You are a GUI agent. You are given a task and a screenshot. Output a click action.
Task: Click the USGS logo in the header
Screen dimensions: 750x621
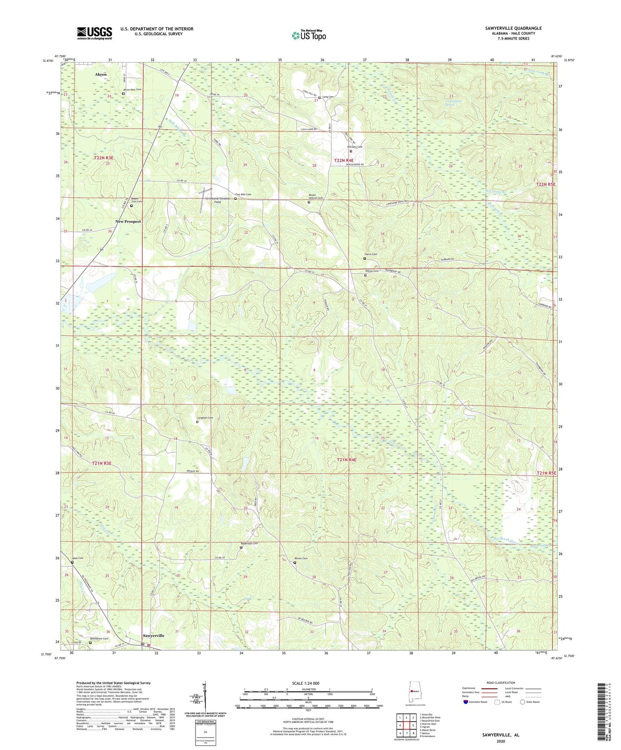[95, 33]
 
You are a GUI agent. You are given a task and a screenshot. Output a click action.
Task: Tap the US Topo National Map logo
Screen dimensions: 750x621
[308, 35]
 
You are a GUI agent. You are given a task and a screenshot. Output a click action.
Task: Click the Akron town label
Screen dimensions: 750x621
[101, 74]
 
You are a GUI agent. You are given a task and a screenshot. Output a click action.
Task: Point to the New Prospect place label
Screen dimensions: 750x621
[128, 222]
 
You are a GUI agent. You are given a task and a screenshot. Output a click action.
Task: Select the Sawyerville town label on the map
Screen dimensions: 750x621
[153, 635]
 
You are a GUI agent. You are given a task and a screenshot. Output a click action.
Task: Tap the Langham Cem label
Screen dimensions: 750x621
[205, 418]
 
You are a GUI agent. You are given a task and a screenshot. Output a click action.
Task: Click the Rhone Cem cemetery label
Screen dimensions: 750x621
[301, 558]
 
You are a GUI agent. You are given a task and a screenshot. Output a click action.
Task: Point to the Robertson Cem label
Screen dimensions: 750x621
[249, 543]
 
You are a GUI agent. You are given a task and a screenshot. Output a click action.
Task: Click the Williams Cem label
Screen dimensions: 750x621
[355, 147]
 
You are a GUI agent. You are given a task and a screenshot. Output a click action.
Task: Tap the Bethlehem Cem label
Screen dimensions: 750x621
[99, 639]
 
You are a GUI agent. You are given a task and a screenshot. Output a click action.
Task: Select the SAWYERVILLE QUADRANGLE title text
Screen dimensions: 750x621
[513, 28]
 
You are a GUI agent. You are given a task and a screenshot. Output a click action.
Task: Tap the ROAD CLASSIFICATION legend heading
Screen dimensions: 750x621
[501, 683]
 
